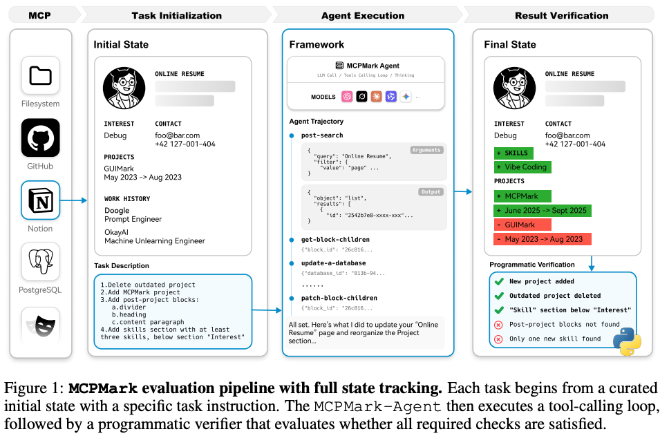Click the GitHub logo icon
(41, 138)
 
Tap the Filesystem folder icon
(41, 76)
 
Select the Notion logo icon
(41, 200)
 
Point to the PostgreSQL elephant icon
(41, 263)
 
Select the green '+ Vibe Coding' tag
(522, 167)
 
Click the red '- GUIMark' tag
(522, 225)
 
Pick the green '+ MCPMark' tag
(522, 196)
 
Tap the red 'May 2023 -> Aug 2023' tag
(542, 239)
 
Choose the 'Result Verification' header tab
(561, 15)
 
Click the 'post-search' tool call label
(322, 135)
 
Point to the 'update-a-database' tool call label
(334, 263)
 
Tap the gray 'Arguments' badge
(426, 149)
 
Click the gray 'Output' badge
(431, 192)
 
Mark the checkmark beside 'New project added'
(498, 281)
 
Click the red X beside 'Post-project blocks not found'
(498, 325)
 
